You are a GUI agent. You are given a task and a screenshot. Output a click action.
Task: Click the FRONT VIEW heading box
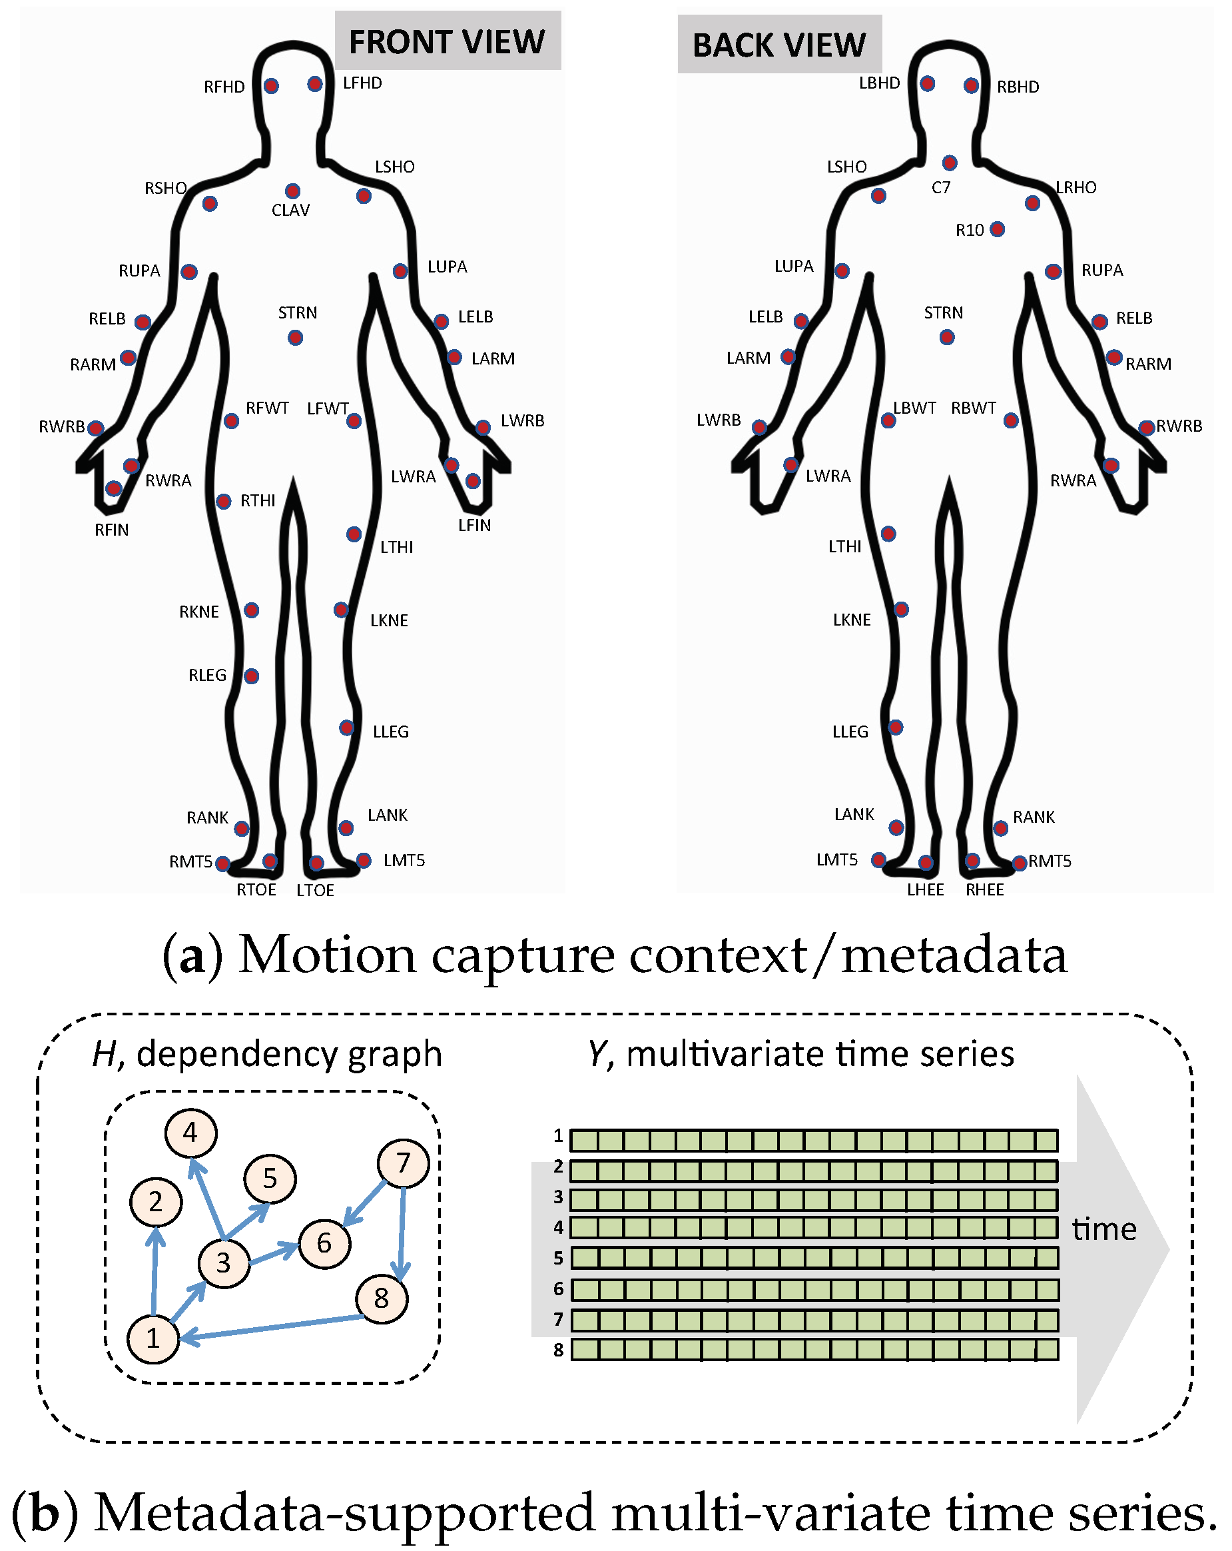point(447,41)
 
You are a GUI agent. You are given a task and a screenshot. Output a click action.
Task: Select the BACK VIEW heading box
point(779,45)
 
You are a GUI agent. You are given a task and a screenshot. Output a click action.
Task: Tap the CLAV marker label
point(290,210)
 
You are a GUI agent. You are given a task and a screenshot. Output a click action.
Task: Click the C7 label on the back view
point(941,188)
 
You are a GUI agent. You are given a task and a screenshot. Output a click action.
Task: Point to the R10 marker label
point(970,231)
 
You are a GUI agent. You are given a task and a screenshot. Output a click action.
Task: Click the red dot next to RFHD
point(271,87)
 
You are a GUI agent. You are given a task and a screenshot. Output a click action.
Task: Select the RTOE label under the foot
point(256,890)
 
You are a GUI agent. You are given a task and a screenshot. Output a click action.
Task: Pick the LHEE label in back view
point(925,890)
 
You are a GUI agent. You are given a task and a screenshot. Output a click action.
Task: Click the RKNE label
point(199,612)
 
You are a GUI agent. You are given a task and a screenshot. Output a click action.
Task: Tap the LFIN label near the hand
point(475,525)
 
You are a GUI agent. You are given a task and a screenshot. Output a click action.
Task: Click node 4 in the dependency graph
point(190,1133)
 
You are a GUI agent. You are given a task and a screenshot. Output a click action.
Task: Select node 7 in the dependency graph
point(403,1163)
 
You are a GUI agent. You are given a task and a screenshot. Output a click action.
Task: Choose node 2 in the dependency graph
point(155,1201)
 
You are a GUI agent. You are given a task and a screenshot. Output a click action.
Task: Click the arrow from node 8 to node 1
point(273,1327)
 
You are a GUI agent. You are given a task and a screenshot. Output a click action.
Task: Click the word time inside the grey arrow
point(1104,1229)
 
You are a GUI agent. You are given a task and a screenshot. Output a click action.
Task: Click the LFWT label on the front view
point(327,408)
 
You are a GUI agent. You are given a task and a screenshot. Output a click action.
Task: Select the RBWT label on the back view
point(973,408)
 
